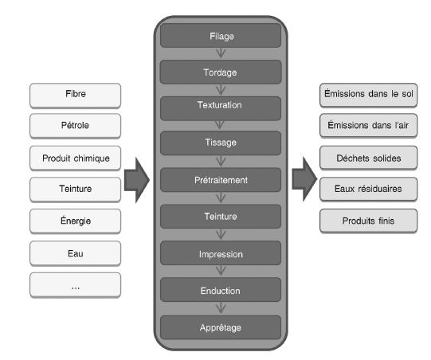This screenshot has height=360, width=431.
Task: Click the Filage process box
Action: (x=221, y=36)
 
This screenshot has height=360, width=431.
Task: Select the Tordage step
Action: (x=221, y=72)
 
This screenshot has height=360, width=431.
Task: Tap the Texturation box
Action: (x=221, y=108)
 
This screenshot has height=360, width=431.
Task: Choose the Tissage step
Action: (x=221, y=143)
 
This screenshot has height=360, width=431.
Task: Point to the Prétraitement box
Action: (x=221, y=180)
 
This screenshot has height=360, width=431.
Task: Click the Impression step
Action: (x=221, y=252)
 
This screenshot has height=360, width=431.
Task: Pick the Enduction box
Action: (x=221, y=290)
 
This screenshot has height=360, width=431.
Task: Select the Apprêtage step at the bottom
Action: (x=221, y=327)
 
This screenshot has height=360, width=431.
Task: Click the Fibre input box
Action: (x=76, y=96)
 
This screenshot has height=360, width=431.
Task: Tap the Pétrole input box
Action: (x=76, y=126)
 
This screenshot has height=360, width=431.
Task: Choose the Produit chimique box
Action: (x=76, y=158)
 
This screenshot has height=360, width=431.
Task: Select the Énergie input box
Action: (x=76, y=221)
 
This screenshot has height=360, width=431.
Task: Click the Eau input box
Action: (x=76, y=253)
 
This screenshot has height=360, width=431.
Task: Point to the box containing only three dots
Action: (x=76, y=285)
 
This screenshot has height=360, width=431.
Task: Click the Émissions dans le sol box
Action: (x=368, y=96)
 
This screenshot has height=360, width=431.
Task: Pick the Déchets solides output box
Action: (x=368, y=158)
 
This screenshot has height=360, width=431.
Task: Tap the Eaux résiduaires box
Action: (x=368, y=190)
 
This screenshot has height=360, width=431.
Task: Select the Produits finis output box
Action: (x=368, y=221)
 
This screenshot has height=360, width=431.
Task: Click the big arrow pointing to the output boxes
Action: (x=304, y=179)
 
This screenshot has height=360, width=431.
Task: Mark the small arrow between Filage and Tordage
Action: (x=221, y=53)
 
